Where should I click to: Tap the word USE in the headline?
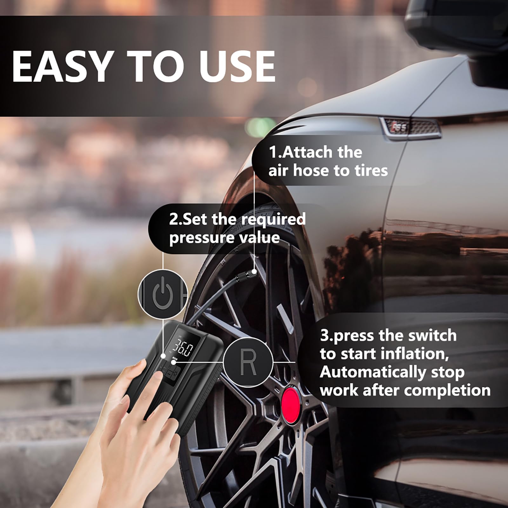point(237,67)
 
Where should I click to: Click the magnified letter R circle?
point(248,362)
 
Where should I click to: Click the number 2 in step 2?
point(173,220)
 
